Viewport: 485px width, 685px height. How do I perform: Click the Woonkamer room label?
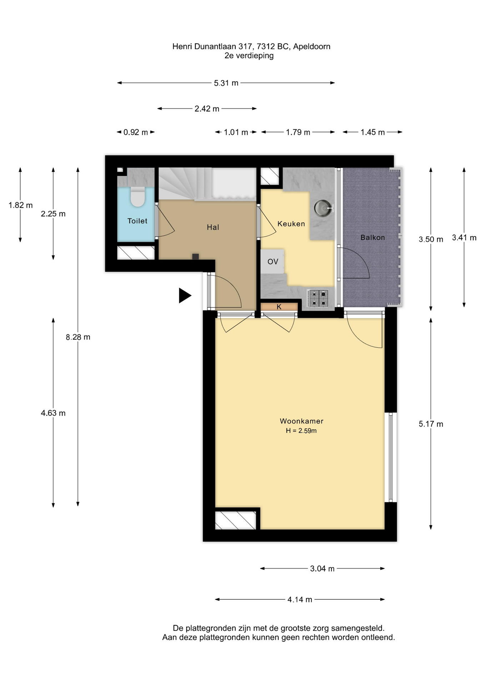(301, 421)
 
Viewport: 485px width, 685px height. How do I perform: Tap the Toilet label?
(137, 221)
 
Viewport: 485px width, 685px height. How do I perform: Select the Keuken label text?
(291, 224)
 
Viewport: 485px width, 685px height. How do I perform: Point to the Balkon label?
(372, 237)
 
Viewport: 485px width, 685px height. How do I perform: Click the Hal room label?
(213, 227)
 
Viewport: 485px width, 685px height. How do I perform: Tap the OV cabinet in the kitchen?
(272, 262)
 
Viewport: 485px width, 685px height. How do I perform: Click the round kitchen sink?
(323, 208)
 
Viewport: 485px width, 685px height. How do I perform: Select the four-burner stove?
(317, 299)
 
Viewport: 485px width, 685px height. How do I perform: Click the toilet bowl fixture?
(137, 197)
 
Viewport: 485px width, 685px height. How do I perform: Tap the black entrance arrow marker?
(185, 295)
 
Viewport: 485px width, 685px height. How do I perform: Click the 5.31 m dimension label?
(226, 83)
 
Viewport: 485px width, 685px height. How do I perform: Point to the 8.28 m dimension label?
(78, 337)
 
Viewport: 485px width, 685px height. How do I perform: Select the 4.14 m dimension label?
(300, 600)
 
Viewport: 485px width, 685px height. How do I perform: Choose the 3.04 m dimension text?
(322, 569)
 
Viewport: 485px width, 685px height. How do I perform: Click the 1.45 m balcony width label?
(372, 132)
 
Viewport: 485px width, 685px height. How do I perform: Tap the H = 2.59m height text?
(301, 431)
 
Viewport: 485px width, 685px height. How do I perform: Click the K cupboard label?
(279, 306)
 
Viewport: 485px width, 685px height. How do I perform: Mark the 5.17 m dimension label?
(431, 424)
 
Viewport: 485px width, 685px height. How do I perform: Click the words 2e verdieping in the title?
(249, 56)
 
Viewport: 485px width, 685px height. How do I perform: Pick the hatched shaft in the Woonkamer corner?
(236, 520)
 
